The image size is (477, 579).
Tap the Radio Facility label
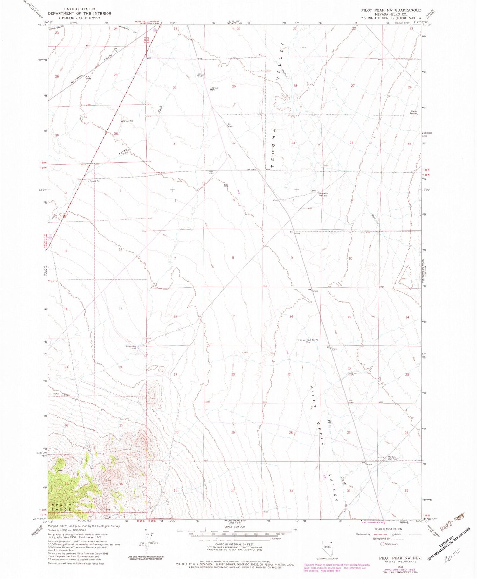point(413,112)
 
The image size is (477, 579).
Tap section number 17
point(233,316)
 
